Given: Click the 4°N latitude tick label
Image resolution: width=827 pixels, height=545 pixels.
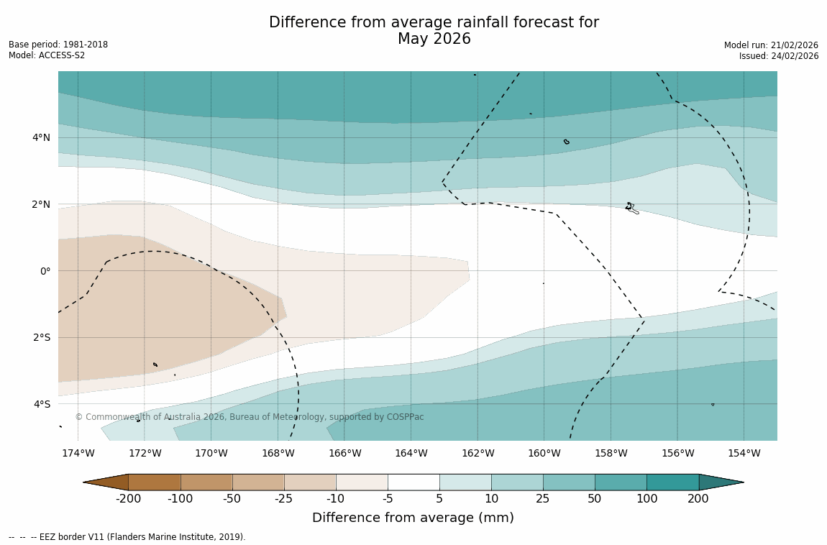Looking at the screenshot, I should click(40, 137).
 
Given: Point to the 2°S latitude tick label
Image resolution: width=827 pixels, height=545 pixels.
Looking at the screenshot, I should click(40, 337).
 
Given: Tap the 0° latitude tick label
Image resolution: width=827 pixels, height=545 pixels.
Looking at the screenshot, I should click(45, 271).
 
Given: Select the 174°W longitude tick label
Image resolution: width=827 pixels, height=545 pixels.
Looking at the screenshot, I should click(78, 453).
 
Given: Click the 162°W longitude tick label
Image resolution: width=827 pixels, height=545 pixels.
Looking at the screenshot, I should click(478, 453).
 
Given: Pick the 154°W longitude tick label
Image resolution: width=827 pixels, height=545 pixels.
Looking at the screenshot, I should click(744, 453).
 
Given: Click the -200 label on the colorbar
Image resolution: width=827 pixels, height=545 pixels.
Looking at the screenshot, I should click(128, 499).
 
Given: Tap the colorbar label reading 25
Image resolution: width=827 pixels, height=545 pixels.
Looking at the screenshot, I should click(543, 499).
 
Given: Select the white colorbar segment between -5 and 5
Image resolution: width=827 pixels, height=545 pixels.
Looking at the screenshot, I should click(413, 482).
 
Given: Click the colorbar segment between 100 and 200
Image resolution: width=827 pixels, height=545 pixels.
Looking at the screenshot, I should click(672, 482).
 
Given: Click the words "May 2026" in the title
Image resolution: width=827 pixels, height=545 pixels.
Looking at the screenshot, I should click(434, 39).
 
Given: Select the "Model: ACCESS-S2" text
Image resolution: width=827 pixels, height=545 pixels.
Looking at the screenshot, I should click(47, 55).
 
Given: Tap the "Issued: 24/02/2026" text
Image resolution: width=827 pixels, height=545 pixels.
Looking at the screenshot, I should click(779, 56).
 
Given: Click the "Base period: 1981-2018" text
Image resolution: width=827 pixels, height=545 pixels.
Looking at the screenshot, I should click(58, 45).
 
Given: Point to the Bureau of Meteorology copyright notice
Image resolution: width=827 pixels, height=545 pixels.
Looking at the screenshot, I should click(250, 417).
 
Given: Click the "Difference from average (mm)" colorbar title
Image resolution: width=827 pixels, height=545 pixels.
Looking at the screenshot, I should click(413, 518).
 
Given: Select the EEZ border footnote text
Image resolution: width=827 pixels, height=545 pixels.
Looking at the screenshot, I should click(127, 537).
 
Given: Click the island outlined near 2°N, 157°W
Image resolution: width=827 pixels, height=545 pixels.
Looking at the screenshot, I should click(631, 208).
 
